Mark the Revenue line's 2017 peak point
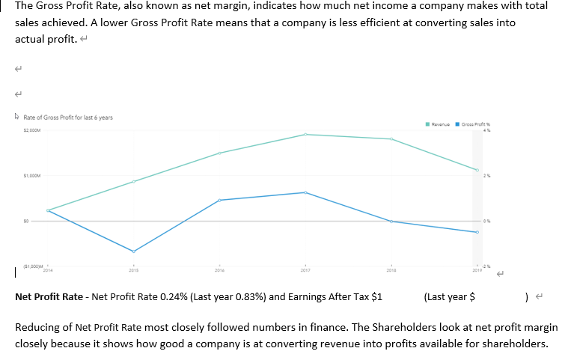pos(305,135)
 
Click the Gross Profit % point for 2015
pos(134,251)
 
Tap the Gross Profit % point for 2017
pos(305,192)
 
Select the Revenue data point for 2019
pos(476,170)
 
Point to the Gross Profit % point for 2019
pos(476,232)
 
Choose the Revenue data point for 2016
pos(219,153)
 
